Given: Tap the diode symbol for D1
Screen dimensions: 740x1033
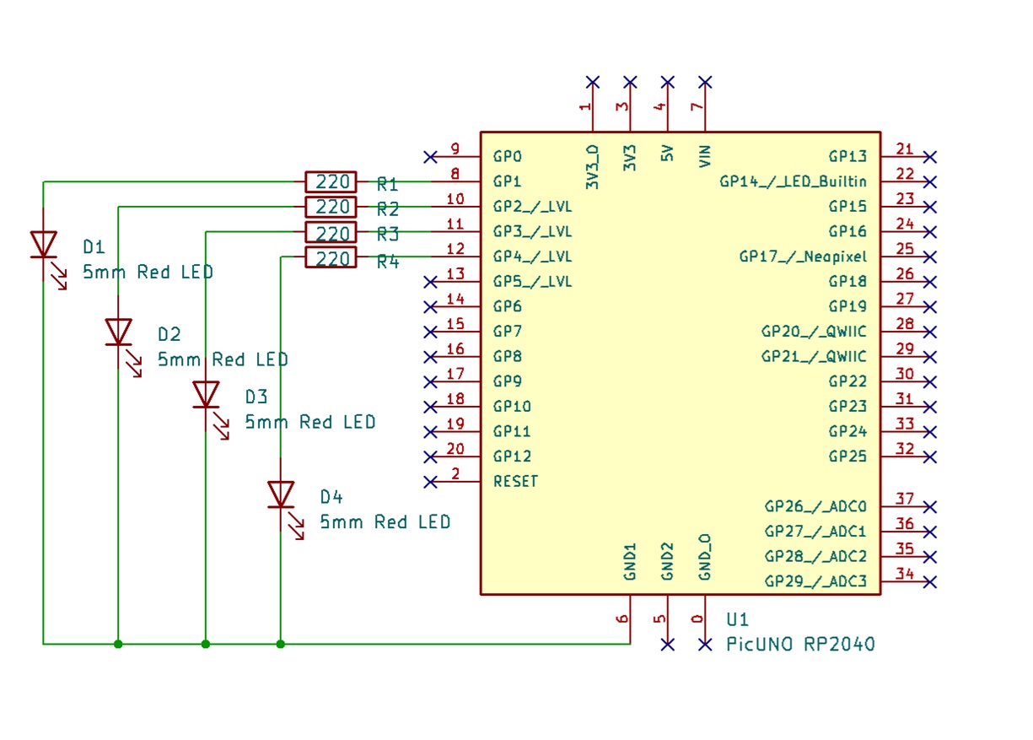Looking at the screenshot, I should [x=44, y=244].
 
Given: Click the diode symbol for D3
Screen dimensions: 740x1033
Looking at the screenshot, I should [x=206, y=393].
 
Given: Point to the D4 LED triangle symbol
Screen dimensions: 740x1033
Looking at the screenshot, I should [x=280, y=494].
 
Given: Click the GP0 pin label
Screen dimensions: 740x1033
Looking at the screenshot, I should [x=508, y=157].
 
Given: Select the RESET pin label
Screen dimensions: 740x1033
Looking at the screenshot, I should [x=515, y=482].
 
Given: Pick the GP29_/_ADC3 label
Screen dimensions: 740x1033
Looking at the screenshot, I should [x=815, y=581].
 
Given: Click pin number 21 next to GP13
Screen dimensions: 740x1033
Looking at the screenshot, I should [x=905, y=150].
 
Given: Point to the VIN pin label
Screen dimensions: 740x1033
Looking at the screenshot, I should [x=706, y=155].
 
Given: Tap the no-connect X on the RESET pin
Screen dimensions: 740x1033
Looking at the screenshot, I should [x=430, y=482].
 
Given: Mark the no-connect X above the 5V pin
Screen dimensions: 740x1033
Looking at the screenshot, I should [x=668, y=82].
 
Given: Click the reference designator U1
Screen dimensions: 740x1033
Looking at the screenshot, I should [x=737, y=619].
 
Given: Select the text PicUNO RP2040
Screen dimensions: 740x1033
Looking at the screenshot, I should [x=800, y=645].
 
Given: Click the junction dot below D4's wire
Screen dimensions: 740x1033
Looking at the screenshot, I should [x=280, y=644].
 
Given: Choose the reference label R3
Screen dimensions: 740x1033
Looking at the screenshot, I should [x=388, y=234].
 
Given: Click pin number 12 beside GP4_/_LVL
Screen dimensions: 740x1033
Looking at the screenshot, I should [x=455, y=250].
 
